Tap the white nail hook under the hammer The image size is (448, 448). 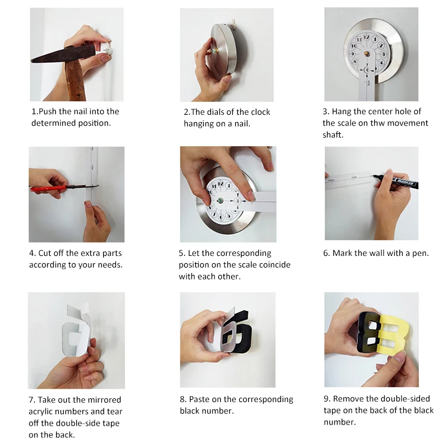[108, 50]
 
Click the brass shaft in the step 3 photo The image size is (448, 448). [367, 53]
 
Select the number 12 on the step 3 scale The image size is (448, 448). [367, 38]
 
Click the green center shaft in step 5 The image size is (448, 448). [220, 200]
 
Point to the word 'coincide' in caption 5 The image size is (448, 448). [274, 265]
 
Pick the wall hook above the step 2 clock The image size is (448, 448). [234, 24]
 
